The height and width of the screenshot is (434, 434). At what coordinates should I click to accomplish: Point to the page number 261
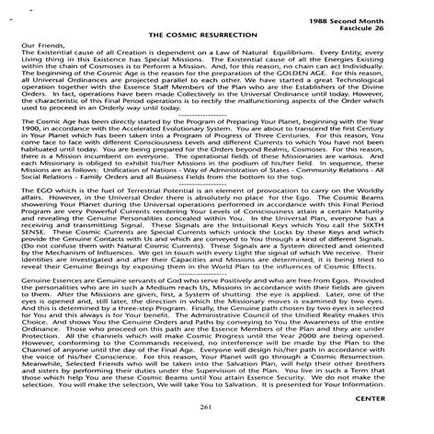218,405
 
